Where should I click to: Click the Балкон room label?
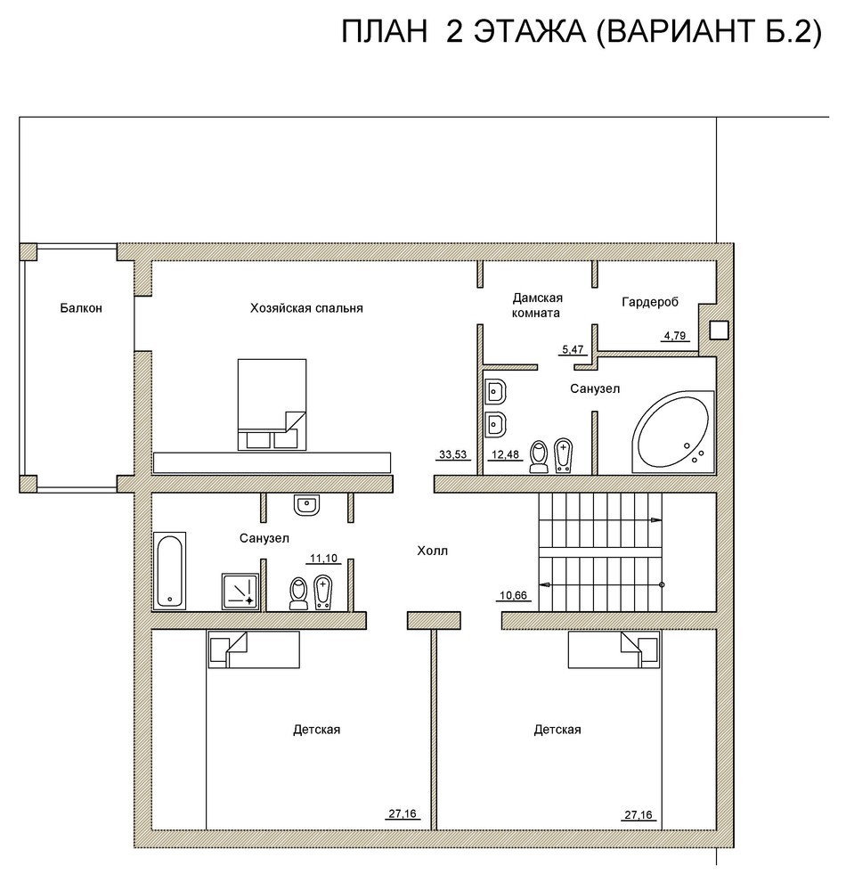point(81,308)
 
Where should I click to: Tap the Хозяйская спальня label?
point(306,308)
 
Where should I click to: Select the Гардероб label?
point(650,302)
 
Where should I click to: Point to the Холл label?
point(432,551)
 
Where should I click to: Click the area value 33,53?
point(452,454)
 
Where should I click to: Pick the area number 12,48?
point(505,454)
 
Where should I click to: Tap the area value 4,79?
point(674,336)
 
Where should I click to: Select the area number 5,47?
point(573,349)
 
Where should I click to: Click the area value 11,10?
point(323,558)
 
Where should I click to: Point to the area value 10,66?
point(513,595)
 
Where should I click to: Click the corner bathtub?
point(673,431)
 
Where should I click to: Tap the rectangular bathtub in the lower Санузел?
point(170,571)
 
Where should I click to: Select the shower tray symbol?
point(240,592)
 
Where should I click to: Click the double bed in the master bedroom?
point(273,404)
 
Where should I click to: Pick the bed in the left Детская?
point(254,649)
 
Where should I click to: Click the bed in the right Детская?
point(614,649)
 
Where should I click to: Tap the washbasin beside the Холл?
point(306,504)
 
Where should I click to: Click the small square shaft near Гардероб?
point(719,331)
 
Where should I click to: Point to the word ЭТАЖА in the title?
point(530,32)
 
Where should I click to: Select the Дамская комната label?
point(536,306)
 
